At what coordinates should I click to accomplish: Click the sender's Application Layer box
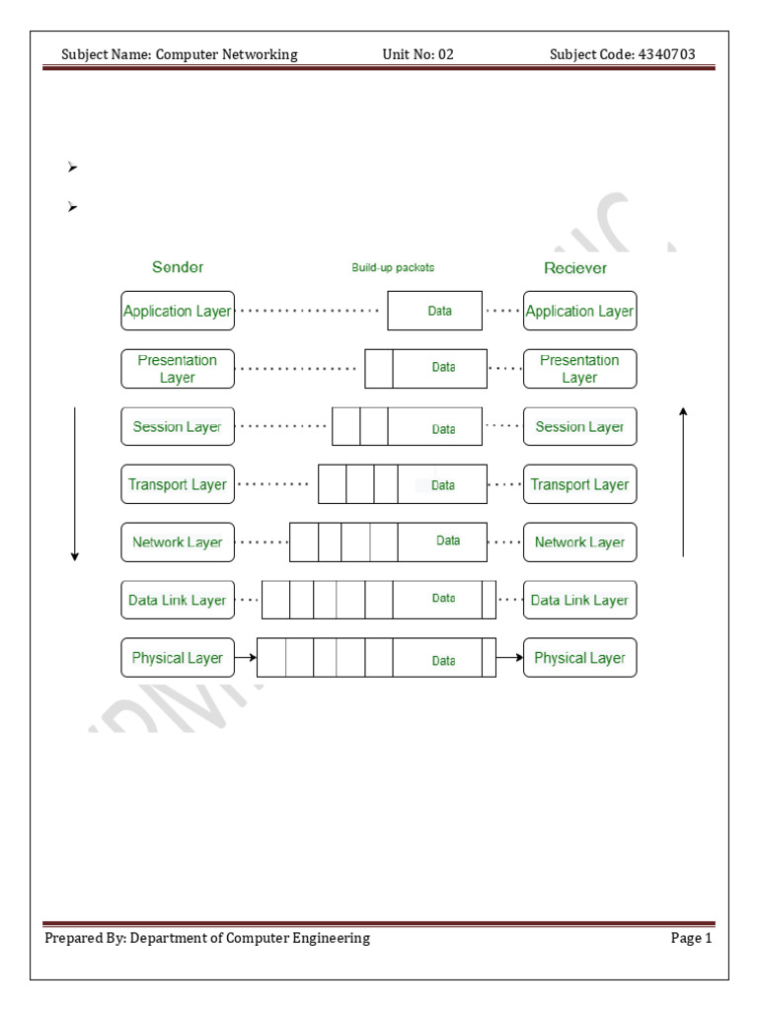[x=178, y=311]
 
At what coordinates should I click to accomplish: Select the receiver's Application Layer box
[x=579, y=311]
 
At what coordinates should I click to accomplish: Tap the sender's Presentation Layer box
[x=178, y=369]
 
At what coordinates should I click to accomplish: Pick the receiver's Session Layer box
[x=579, y=427]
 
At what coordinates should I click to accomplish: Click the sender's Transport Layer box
[x=178, y=484]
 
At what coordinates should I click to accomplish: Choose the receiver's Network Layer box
[x=579, y=542]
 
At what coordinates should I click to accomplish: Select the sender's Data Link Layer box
[x=178, y=600]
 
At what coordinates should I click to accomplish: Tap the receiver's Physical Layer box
[x=579, y=658]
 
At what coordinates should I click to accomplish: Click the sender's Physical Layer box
[x=178, y=658]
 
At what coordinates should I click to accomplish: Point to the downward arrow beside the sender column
[x=74, y=483]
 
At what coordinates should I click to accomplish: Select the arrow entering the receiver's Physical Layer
[x=509, y=658]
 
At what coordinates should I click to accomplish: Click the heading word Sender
[x=178, y=267]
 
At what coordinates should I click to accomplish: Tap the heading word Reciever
[x=575, y=268]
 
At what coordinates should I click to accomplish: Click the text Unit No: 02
[x=417, y=54]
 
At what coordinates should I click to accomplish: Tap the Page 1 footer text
[x=691, y=938]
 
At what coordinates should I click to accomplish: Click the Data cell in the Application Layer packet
[x=439, y=311]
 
